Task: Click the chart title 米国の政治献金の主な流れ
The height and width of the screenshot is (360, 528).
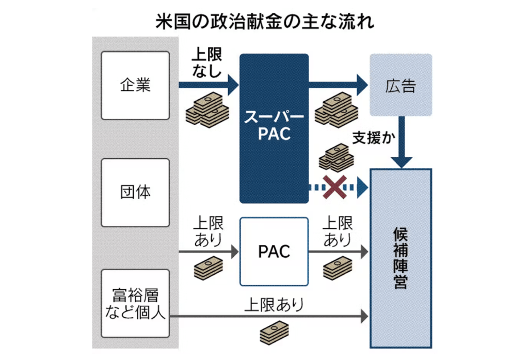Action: [x=264, y=22]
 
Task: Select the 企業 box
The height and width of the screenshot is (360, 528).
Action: [x=135, y=85]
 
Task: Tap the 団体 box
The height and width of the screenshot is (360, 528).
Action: [x=135, y=193]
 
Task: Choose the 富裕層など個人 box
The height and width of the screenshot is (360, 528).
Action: [x=135, y=303]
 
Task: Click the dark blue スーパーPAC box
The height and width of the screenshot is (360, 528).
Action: [x=274, y=128]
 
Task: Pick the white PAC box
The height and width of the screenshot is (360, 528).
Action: [x=274, y=252]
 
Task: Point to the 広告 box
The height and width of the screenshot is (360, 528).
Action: [x=401, y=85]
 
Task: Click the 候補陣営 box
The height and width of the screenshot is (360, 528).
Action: [x=401, y=258]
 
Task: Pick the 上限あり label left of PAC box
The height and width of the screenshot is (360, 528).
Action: [x=208, y=230]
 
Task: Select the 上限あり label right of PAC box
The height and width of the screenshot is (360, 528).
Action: [x=337, y=230]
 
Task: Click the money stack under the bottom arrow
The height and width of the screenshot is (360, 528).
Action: [x=274, y=332]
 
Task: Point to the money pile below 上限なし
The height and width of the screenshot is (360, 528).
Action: [x=207, y=109]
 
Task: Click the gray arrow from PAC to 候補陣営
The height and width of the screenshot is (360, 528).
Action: [x=338, y=252]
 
